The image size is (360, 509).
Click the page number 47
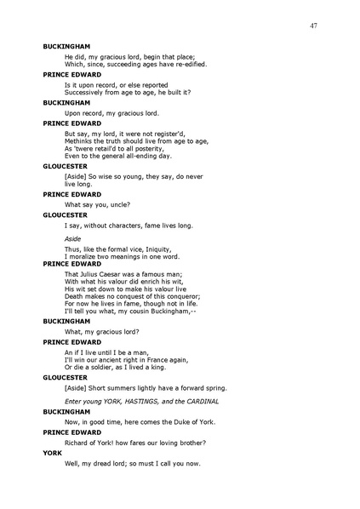point(314,27)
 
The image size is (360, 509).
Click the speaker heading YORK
point(53,453)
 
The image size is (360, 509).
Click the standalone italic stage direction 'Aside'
point(73,239)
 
